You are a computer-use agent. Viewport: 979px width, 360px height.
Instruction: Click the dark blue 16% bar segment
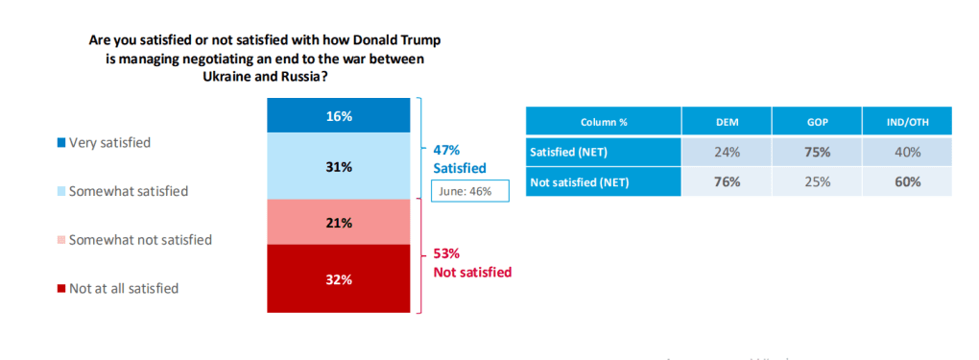point(338,116)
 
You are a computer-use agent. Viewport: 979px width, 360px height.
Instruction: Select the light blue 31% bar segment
point(338,166)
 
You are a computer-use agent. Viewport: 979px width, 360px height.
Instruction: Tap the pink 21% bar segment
point(338,223)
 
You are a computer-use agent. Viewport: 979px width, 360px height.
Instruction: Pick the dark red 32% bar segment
point(338,279)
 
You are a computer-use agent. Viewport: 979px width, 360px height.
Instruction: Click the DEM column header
point(727,122)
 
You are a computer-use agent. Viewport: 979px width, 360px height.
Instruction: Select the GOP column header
point(816,122)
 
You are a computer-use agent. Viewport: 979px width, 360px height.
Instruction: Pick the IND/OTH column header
point(906,122)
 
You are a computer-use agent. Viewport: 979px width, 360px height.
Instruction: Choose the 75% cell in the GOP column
point(816,152)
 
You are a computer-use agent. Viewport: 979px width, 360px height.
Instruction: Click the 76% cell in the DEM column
point(727,180)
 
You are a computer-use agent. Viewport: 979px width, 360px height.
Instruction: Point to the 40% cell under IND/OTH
point(906,152)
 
